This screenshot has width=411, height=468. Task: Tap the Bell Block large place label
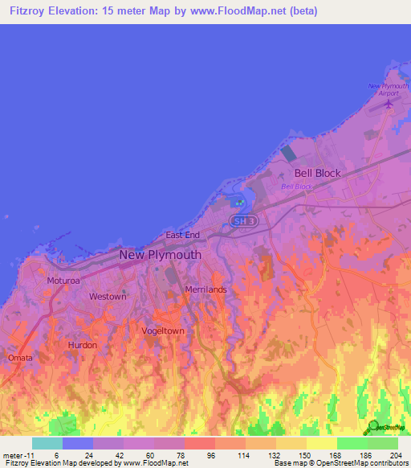(317, 173)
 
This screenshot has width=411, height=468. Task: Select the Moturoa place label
(63, 281)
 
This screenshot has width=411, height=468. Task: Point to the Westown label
(108, 297)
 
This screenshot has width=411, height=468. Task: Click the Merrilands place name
(205, 289)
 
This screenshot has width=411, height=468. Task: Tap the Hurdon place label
(83, 345)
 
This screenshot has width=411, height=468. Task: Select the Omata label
(21, 357)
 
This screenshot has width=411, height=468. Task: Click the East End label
(182, 235)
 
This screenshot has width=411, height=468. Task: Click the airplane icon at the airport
(390, 102)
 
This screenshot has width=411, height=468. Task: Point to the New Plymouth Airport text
(389, 88)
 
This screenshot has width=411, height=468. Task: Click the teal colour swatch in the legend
(47, 443)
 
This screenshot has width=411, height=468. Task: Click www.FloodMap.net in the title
(246, 11)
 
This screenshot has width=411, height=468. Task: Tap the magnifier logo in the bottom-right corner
(372, 426)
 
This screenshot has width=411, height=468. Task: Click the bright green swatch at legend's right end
(382, 443)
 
